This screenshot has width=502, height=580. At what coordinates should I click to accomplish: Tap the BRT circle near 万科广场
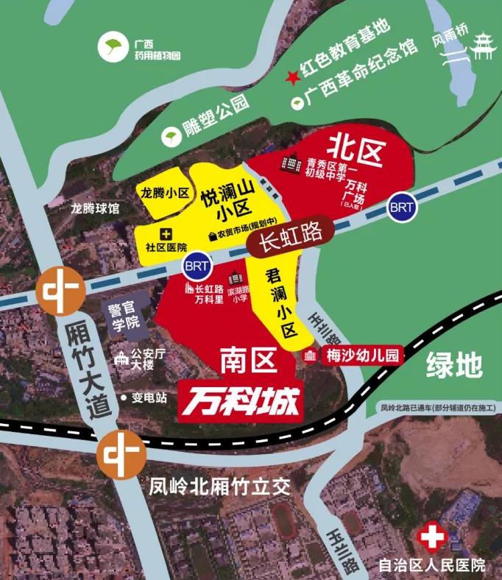coord(402,207)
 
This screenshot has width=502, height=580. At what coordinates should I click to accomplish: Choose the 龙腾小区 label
coord(163,194)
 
